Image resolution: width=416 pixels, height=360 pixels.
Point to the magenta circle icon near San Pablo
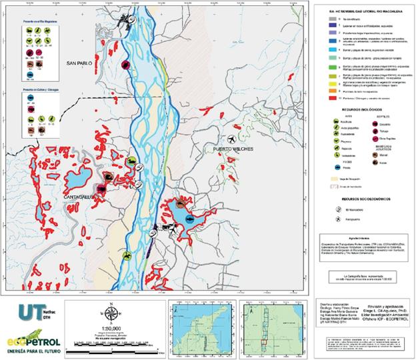pyautogui.click(x=126, y=65)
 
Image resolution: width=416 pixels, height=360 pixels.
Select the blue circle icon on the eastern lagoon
pyautogui.click(x=190, y=219)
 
